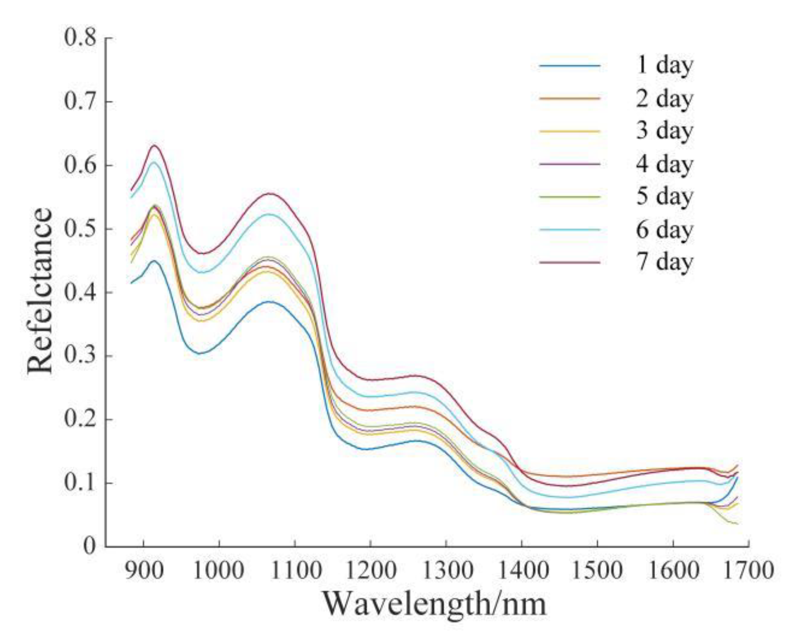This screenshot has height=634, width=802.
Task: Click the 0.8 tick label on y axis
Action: pos(80,38)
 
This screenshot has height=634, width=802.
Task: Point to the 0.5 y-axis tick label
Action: pos(80,229)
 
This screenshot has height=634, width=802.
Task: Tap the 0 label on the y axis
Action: pos(89,546)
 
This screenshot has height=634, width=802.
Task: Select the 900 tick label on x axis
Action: pos(143,570)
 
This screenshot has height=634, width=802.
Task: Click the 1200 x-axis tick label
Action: pos(370,570)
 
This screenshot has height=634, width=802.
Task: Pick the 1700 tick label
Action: pos(749,570)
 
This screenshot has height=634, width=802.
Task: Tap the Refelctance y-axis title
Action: pos(40,291)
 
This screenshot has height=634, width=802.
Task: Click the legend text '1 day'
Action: pos(664,65)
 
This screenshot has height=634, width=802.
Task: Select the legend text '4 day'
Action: pos(664,164)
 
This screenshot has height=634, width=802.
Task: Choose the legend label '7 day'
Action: pos(664,262)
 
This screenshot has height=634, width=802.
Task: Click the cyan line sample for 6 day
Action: pos(570,230)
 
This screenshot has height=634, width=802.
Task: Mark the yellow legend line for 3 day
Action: pos(570,131)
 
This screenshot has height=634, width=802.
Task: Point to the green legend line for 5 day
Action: pos(570,196)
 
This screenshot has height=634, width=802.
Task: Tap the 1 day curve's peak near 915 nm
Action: pos(154,261)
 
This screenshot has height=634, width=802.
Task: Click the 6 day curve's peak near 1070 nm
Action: pos(270,214)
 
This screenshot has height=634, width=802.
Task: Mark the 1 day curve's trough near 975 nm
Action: pos(199,353)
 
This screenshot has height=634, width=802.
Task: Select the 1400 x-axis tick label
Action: pos(522,570)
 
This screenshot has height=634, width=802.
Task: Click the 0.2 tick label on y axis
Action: pos(80,419)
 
